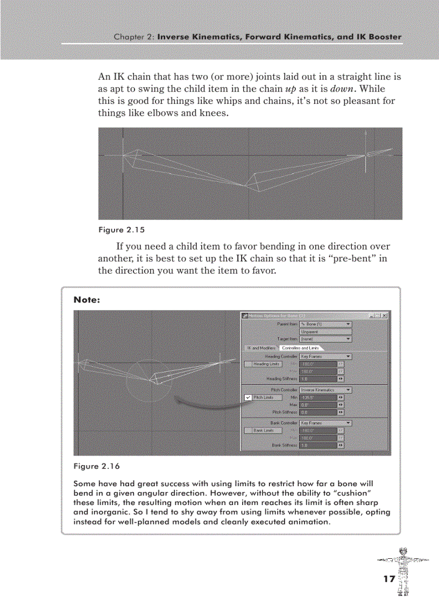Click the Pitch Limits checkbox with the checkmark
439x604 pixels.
tap(247, 397)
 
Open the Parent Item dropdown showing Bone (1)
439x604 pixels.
tap(325, 324)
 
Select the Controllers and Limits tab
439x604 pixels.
tap(300, 348)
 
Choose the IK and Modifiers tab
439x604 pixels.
tap(260, 348)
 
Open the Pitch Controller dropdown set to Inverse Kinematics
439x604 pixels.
tap(325, 390)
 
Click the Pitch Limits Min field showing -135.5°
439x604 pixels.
tap(317, 397)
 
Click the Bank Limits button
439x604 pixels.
tap(264, 430)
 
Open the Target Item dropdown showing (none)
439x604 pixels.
tap(325, 339)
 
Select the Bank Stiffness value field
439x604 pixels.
tap(317, 445)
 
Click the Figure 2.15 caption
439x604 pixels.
tap(121, 230)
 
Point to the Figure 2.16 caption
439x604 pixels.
tap(96, 466)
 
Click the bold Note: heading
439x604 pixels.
tap(87, 300)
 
